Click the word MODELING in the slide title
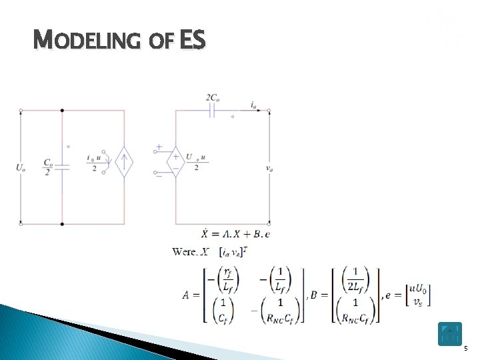coord(87,42)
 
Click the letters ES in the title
coord(193,42)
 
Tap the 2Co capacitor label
coord(213,98)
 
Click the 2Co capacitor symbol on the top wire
coord(213,111)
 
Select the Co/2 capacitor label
coord(48,167)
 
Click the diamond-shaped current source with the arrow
coord(124,162)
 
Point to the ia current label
coord(255,104)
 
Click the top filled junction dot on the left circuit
coord(63,111)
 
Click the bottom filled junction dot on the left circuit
coord(63,224)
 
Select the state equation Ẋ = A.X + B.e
coord(235,234)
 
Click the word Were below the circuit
coord(185,251)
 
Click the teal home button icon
coord(449,333)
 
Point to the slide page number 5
coord(466,349)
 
